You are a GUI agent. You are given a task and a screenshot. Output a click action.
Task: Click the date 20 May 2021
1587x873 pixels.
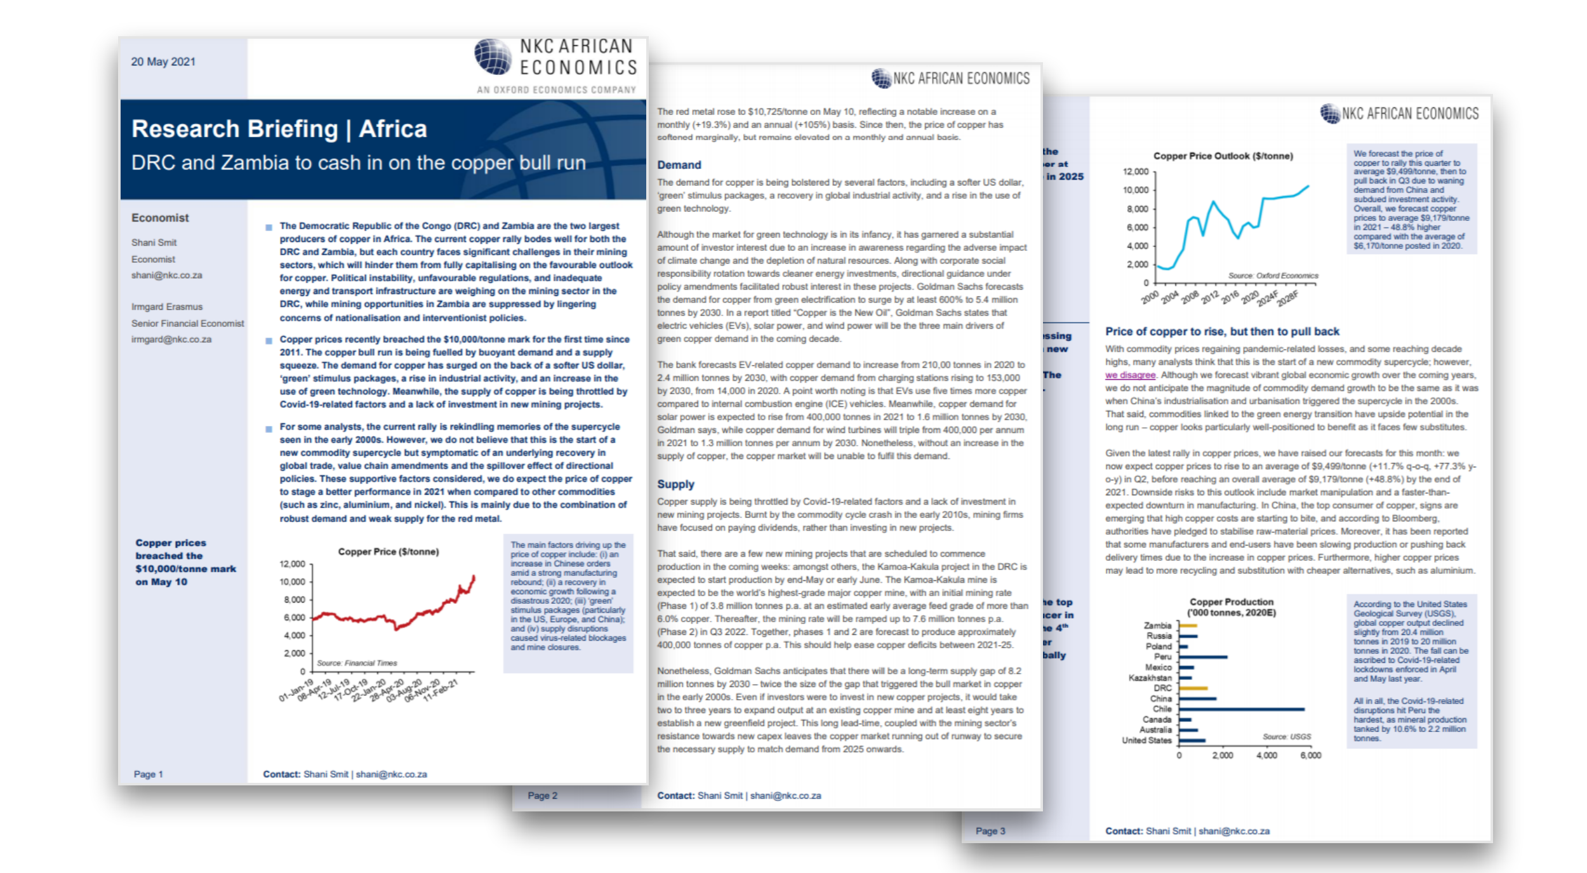click(x=163, y=62)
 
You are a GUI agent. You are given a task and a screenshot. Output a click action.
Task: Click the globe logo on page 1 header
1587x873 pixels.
click(x=493, y=57)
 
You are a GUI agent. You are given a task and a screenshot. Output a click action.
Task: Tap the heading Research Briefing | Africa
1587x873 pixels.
click(x=279, y=129)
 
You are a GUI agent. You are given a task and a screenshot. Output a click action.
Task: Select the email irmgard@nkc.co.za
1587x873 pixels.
click(x=171, y=339)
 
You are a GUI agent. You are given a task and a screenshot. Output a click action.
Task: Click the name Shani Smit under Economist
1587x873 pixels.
click(x=154, y=243)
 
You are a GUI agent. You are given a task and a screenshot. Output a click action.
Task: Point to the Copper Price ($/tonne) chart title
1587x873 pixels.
click(x=388, y=551)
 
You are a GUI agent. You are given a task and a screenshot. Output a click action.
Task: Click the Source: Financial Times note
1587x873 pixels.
click(x=357, y=663)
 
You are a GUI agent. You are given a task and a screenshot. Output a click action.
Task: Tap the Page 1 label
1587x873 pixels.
click(x=148, y=774)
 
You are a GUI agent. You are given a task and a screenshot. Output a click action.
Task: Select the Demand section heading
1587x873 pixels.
click(x=679, y=165)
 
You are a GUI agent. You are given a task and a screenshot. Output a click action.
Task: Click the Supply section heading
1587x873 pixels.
click(x=675, y=484)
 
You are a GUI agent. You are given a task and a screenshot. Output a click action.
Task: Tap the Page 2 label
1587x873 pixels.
click(x=542, y=796)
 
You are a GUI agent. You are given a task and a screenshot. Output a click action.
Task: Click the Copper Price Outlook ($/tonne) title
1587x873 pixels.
click(x=1223, y=156)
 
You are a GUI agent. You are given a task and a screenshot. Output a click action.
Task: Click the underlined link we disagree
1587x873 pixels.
click(x=1130, y=375)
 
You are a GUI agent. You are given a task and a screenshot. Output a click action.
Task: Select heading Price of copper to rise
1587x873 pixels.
click(x=1221, y=331)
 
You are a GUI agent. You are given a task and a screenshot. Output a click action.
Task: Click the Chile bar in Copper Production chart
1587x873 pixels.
click(x=1241, y=709)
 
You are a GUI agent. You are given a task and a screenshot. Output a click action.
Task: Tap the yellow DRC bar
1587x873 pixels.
click(x=1193, y=688)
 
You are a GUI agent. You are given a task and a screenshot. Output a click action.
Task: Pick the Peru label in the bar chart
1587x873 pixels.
click(x=1162, y=656)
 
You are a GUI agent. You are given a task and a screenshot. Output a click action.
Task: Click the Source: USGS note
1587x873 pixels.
click(x=1286, y=736)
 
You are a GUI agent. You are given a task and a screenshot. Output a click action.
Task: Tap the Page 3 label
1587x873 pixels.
click(x=990, y=831)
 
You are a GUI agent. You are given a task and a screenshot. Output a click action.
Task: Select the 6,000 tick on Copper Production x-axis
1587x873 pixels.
click(x=1310, y=756)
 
